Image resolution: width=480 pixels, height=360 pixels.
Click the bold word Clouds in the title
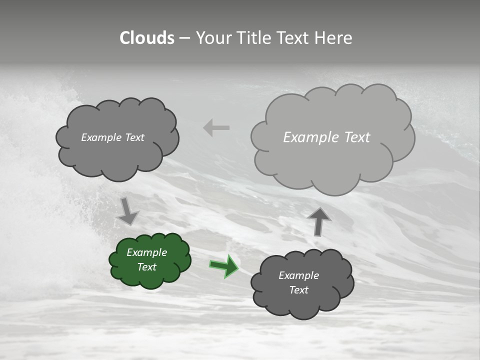[x=147, y=38]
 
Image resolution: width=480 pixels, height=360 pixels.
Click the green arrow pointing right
[x=223, y=266]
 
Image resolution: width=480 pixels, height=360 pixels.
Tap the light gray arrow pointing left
[x=216, y=128]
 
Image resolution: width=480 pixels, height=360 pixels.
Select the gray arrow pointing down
[x=127, y=211]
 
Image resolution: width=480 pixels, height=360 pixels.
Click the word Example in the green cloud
[x=146, y=252]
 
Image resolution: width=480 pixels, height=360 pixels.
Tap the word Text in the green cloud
[x=147, y=267]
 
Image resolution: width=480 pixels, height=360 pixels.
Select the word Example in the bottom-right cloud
[x=298, y=275]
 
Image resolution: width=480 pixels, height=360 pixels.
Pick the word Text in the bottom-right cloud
[x=299, y=290]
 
